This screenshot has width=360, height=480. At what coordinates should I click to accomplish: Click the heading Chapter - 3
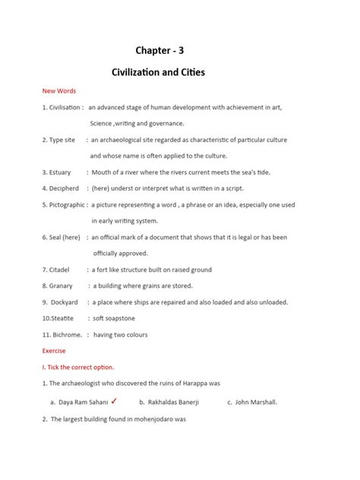pos(159,50)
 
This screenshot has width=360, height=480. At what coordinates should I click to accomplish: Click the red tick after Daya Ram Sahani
pos(113,400)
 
